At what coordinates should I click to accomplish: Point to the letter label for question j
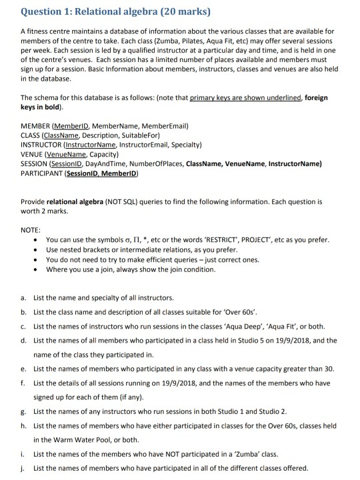[25, 468]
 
